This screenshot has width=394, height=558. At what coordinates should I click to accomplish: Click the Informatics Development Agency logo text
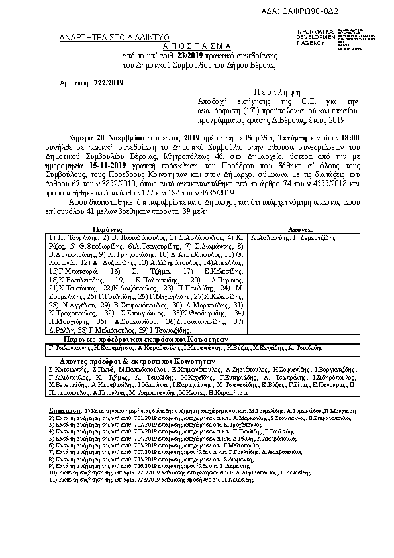pos(315,37)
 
